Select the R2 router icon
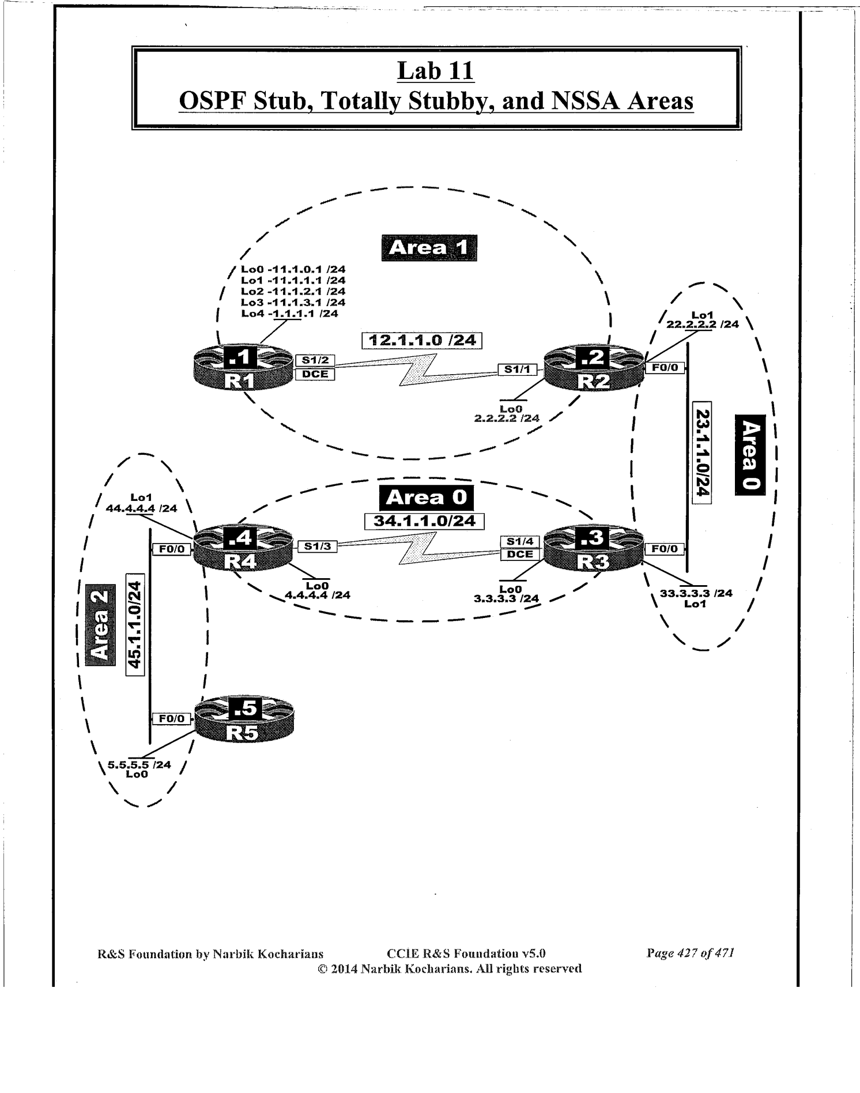pos(594,368)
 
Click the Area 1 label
pos(429,248)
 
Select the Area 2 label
pos(100,625)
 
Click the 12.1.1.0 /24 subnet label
pos(422,341)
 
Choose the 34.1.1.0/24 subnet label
pos(425,521)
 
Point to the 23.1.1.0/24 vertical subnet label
pos(701,453)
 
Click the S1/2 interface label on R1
pos(315,360)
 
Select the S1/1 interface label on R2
pos(517,370)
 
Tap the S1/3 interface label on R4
pos(317,546)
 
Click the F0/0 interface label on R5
pos(171,718)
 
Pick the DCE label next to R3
pos(520,554)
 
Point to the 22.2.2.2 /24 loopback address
pos(702,325)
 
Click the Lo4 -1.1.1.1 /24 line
pos(289,314)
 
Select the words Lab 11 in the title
pos(436,71)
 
